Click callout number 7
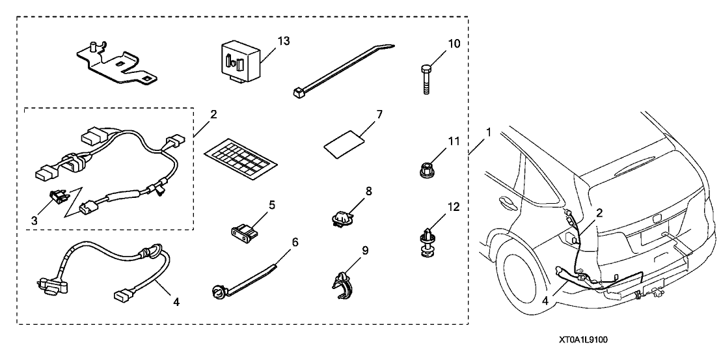pyautogui.click(x=379, y=115)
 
